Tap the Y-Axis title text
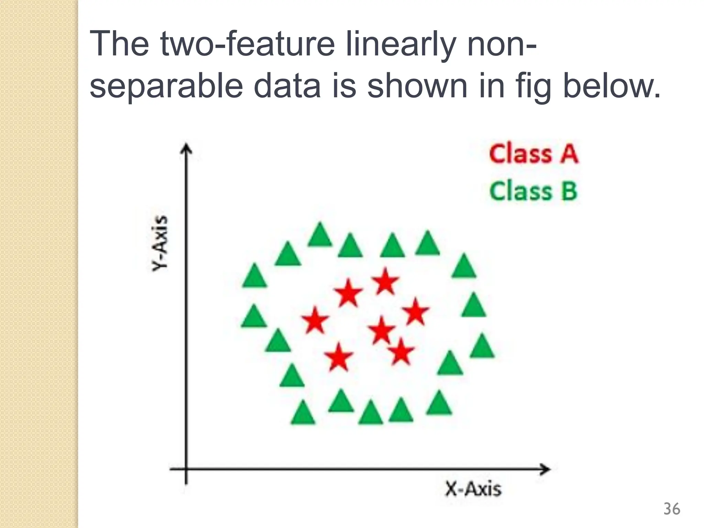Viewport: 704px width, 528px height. [x=160, y=243]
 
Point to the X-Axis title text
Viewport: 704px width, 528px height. [x=473, y=488]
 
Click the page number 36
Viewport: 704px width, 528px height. [x=671, y=509]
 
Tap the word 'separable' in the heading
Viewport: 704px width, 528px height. [x=166, y=87]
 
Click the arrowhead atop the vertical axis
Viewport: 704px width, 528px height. [x=186, y=150]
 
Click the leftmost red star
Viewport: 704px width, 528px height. [x=315, y=320]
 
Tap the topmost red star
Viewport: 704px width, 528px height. [x=385, y=282]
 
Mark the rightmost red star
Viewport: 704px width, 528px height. [x=416, y=312]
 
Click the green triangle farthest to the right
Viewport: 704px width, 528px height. [x=482, y=346]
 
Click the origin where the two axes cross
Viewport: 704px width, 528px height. [x=186, y=469]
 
